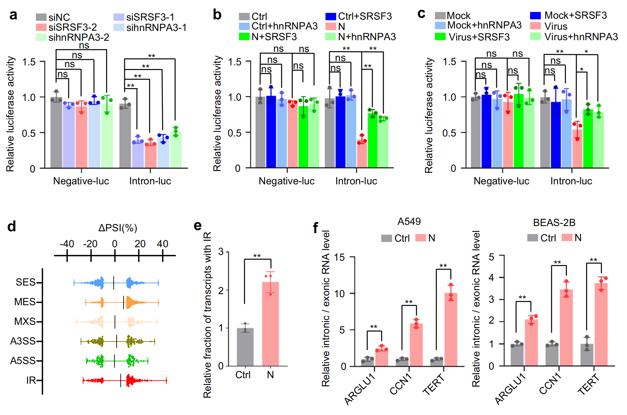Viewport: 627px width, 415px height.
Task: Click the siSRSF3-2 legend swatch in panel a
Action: [41, 27]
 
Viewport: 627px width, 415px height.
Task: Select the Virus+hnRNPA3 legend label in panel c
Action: [581, 37]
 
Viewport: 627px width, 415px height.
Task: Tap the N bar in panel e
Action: [270, 324]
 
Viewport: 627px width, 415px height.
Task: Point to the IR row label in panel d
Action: [31, 380]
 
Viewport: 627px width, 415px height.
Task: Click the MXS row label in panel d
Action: [25, 321]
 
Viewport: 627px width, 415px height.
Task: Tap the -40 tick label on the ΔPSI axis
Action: [67, 244]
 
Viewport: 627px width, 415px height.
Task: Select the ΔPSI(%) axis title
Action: [117, 228]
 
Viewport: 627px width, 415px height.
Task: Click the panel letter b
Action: [217, 15]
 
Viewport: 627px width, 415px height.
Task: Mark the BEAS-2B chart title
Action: [554, 222]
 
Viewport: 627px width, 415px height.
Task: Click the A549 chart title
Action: [409, 221]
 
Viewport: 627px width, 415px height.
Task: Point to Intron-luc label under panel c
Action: [571, 181]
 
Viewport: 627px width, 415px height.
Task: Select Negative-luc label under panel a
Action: [81, 181]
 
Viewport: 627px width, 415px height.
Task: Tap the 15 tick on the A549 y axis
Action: [340, 257]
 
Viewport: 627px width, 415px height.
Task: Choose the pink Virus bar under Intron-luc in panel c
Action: [577, 148]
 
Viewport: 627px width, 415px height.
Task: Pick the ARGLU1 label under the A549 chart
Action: [360, 390]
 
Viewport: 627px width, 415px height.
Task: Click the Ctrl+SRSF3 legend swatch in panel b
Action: [331, 16]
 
